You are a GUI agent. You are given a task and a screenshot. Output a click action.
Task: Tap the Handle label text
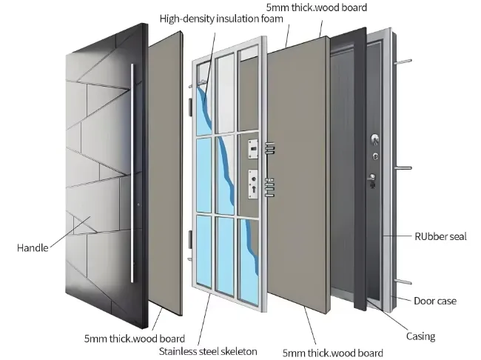coord(32,248)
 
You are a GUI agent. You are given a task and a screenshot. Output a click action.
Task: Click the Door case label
coord(435,301)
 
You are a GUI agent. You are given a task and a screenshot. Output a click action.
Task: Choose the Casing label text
coord(420,336)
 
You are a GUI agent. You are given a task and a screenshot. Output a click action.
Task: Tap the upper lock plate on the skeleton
coord(255,148)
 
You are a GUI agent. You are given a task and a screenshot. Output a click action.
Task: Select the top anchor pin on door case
coord(405,61)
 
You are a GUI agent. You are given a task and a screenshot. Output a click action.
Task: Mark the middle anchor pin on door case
coord(406,168)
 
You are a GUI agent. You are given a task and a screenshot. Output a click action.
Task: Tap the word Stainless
coord(181,350)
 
